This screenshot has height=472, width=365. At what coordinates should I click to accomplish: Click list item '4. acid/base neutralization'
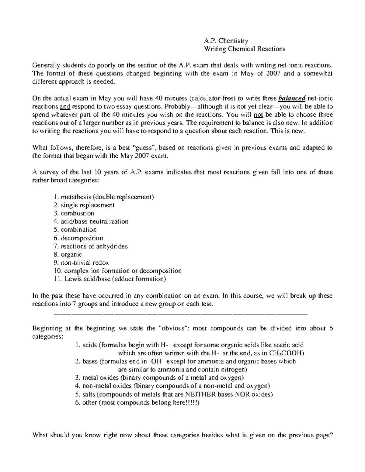pyautogui.click(x=91, y=222)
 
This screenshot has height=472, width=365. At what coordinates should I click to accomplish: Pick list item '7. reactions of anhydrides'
pyautogui.click(x=90, y=246)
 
